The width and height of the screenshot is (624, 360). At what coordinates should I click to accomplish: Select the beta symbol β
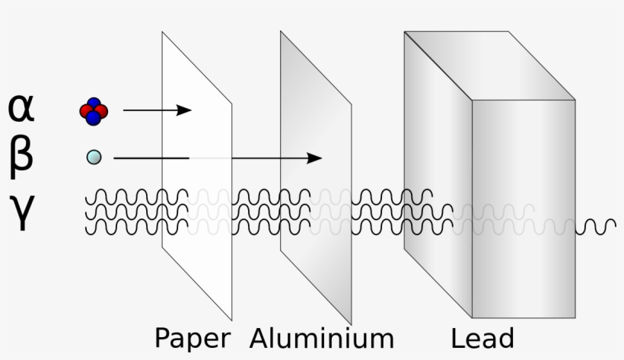pyautogui.click(x=21, y=156)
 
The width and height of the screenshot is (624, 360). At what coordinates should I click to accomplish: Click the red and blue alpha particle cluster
pyautogui.click(x=94, y=111)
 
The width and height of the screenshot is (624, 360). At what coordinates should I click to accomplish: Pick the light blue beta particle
pyautogui.click(x=94, y=158)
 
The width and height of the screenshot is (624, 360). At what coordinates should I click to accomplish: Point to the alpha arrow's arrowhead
pyautogui.click(x=184, y=110)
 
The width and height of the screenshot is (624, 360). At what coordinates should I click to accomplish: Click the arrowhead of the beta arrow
pyautogui.click(x=315, y=158)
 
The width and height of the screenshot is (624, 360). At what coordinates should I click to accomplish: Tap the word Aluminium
pyautogui.click(x=321, y=338)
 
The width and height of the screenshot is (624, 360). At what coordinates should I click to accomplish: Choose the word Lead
pyautogui.click(x=482, y=338)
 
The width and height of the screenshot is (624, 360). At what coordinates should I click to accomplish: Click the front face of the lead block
pyautogui.click(x=523, y=209)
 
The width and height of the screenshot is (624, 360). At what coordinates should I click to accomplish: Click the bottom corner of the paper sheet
pyautogui.click(x=231, y=319)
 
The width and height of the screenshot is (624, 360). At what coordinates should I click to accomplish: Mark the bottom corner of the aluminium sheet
pyautogui.click(x=350, y=323)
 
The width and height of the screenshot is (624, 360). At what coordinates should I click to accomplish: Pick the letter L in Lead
pyautogui.click(x=457, y=338)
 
